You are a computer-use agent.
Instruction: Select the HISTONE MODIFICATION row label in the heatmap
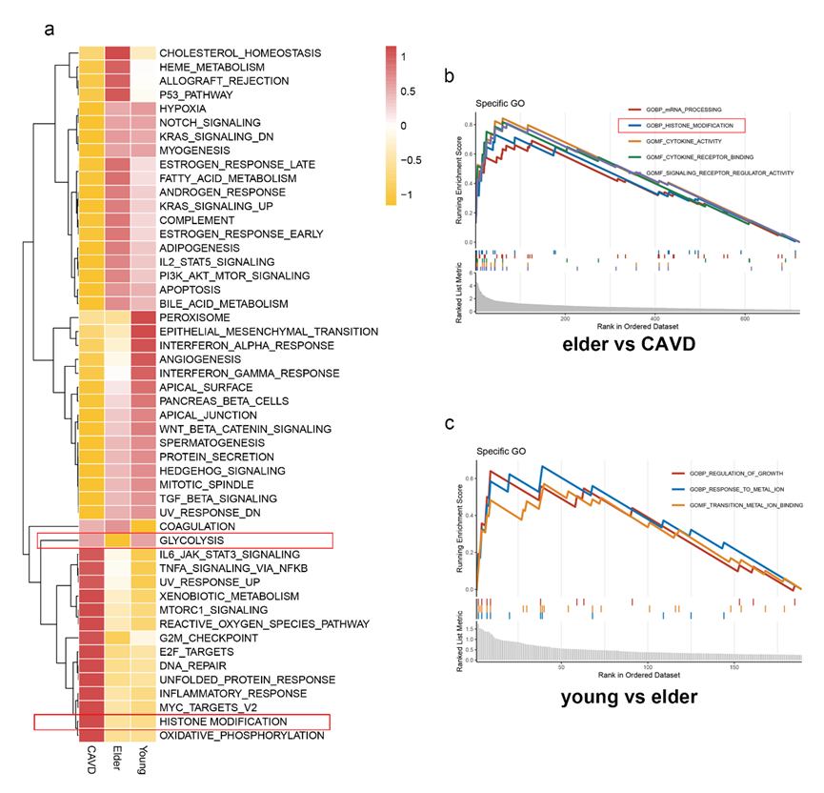pos(223,722)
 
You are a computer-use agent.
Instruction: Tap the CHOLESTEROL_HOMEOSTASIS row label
pos(240,53)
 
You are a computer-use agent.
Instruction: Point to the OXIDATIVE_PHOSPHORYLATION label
pos(242,736)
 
